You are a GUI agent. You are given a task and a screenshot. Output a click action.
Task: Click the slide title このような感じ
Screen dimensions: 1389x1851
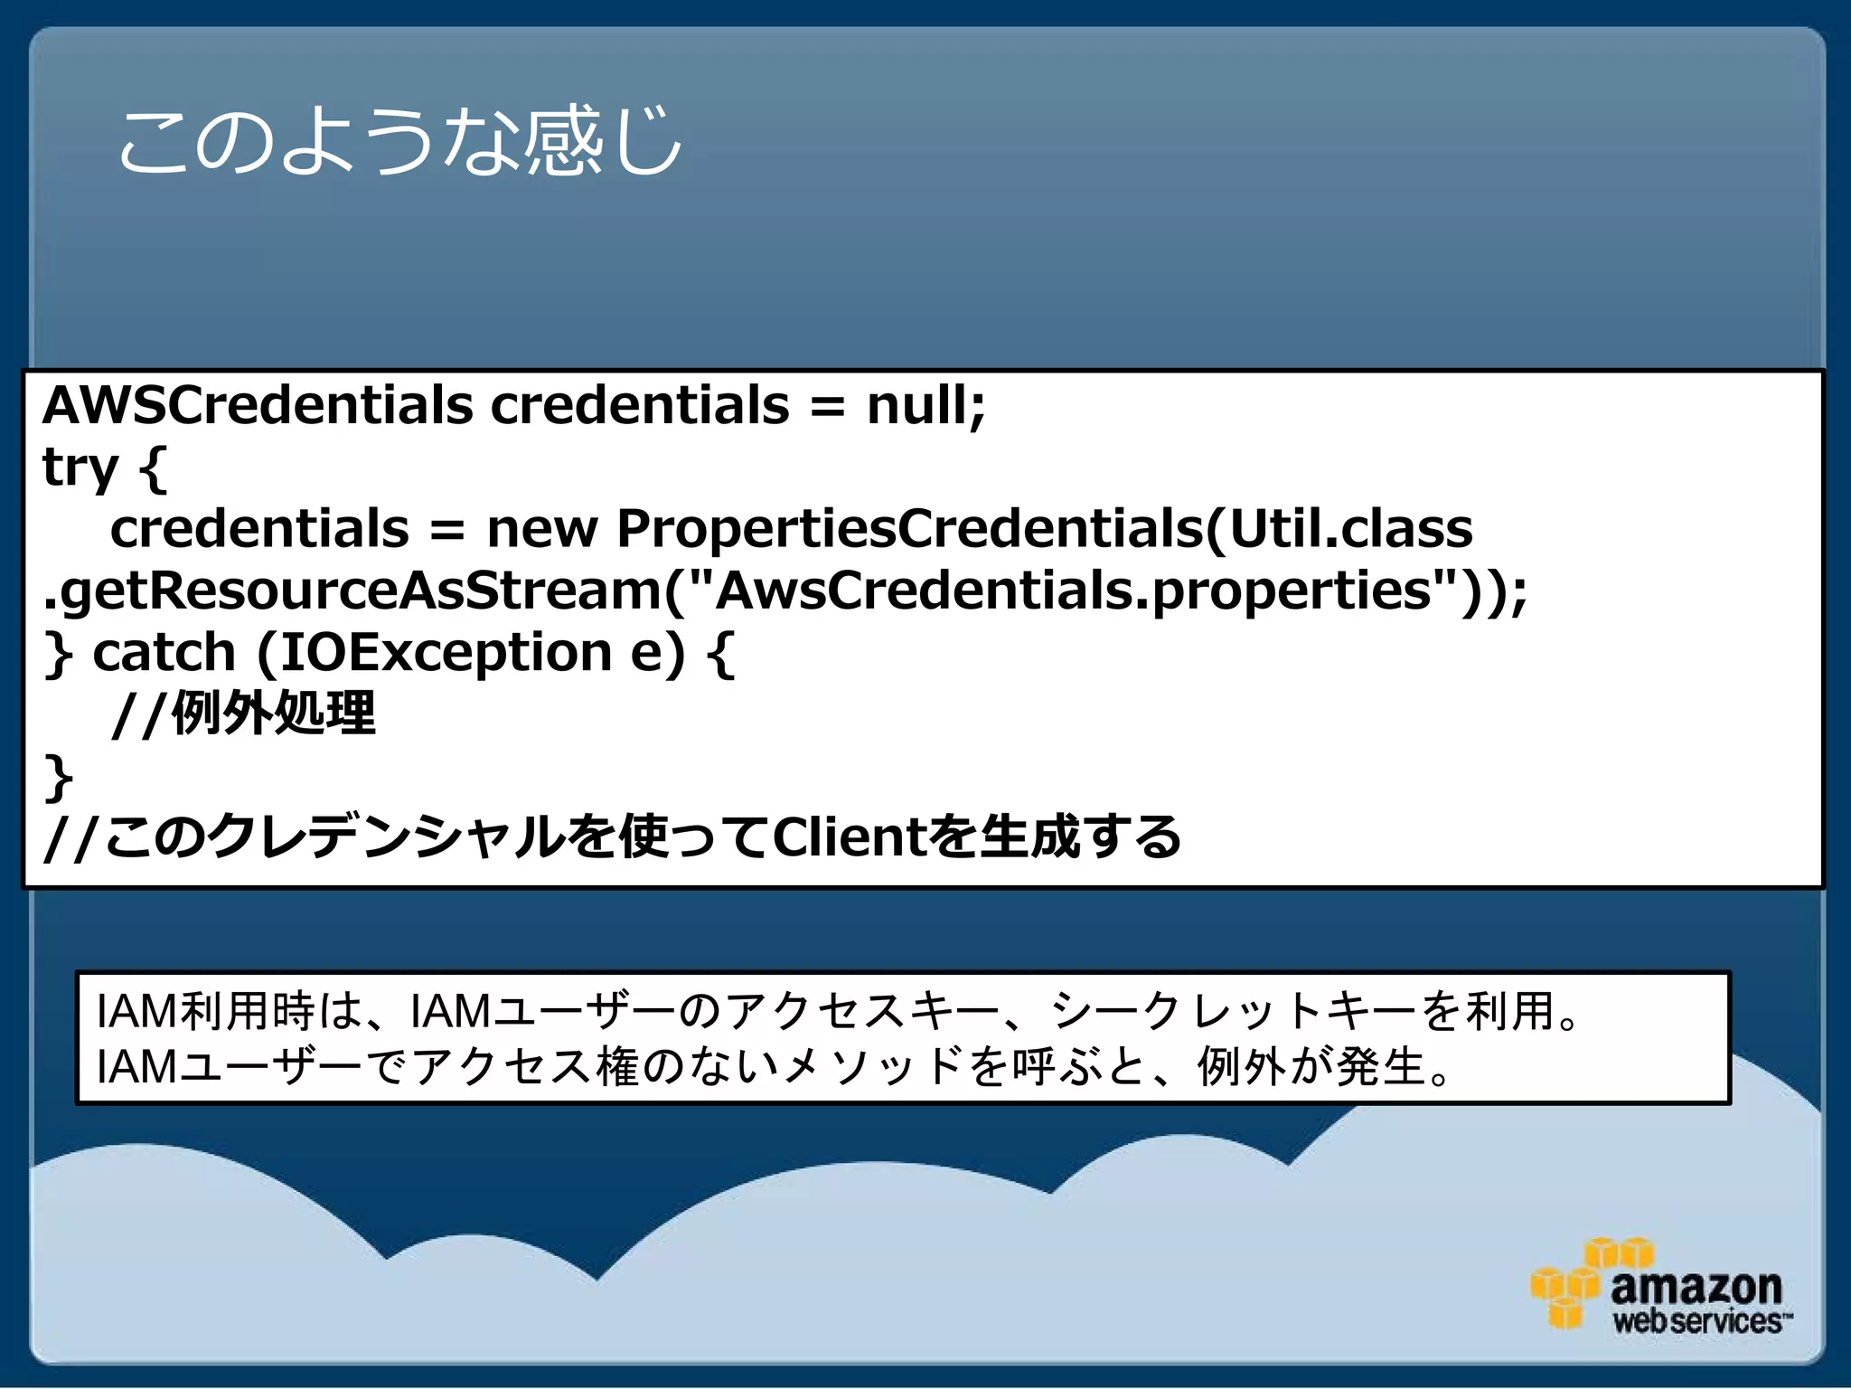pyautogui.click(x=399, y=142)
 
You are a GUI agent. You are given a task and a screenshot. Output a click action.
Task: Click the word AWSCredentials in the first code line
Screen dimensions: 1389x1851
pyautogui.click(x=258, y=404)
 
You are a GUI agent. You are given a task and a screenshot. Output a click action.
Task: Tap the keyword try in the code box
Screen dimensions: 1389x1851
pyautogui.click(x=80, y=468)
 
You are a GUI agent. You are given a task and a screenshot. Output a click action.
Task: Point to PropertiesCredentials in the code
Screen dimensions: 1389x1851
pyautogui.click(x=908, y=528)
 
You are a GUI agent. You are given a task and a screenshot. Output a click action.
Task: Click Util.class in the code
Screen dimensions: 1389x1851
pyautogui.click(x=1351, y=528)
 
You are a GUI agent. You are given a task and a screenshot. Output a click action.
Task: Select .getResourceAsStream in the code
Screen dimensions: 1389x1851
pyautogui.click(x=352, y=591)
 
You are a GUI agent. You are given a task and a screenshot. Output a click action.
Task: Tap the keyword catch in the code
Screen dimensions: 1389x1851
pyautogui.click(x=164, y=652)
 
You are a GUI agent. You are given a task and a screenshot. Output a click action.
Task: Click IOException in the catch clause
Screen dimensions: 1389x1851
pyautogui.click(x=446, y=652)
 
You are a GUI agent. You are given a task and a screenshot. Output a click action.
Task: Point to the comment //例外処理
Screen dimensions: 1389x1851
pyautogui.click(x=244, y=713)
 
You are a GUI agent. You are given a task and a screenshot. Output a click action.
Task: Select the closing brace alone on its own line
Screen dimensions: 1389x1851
pyautogui.click(x=59, y=776)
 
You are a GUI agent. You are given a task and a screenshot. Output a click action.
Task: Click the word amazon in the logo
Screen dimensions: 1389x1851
pyautogui.click(x=1696, y=1286)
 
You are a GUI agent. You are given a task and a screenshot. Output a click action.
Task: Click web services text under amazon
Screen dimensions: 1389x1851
pyautogui.click(x=1697, y=1321)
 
